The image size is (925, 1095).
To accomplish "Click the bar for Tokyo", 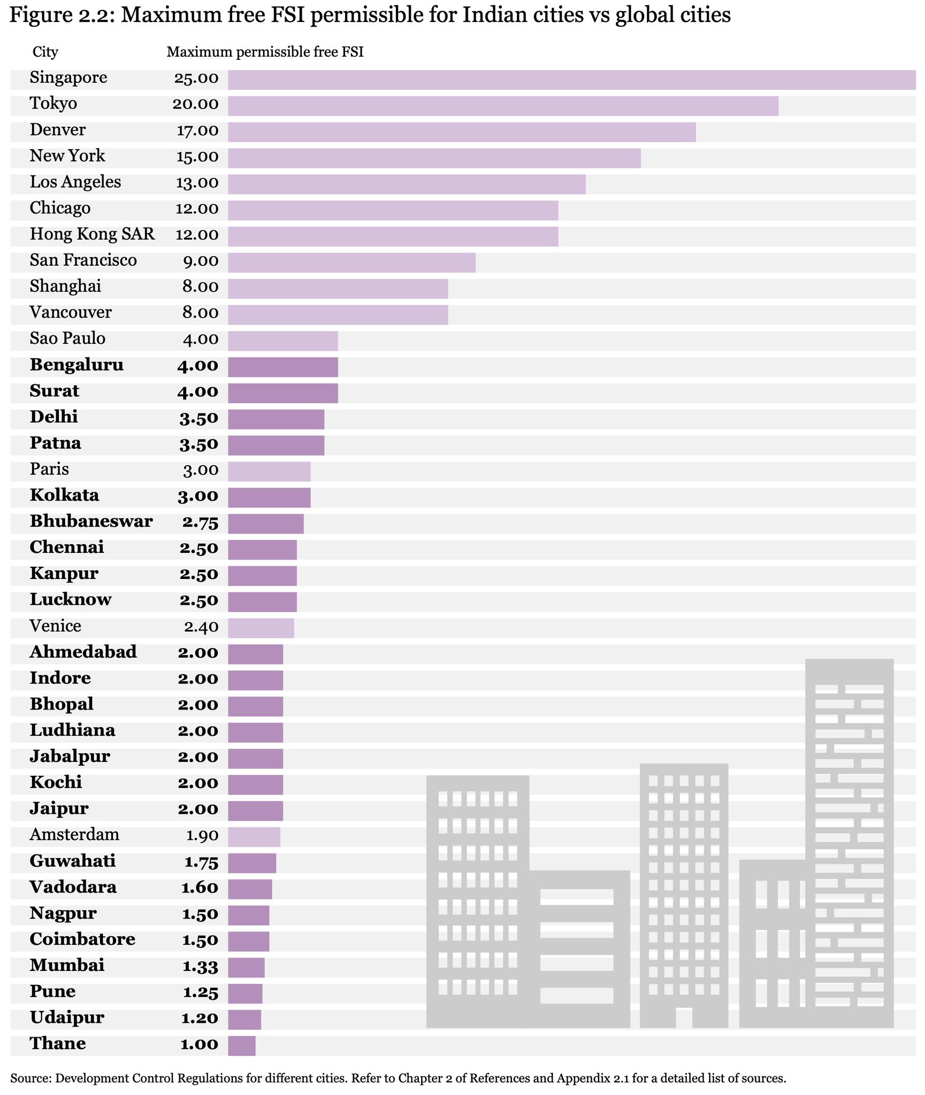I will click(503, 106).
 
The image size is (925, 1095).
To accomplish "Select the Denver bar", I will click(462, 132).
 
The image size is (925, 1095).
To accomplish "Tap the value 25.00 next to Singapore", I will click(196, 79).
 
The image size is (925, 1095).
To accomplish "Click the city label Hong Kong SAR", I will click(93, 234).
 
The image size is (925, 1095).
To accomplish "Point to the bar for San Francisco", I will click(351, 263).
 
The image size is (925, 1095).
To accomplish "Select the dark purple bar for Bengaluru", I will click(283, 367).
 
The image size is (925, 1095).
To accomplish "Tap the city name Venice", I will click(56, 626).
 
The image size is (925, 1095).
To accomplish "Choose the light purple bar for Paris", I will click(269, 472).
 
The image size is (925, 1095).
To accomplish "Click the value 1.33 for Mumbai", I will click(200, 966).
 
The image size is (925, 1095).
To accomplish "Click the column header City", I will click(45, 52).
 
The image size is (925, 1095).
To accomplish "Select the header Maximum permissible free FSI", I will click(265, 52).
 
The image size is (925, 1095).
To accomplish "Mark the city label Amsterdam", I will click(74, 835).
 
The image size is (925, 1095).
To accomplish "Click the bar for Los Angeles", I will click(407, 184).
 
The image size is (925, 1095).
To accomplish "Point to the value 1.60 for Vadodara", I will click(200, 888).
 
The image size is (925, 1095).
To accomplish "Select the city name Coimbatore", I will click(82, 939).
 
